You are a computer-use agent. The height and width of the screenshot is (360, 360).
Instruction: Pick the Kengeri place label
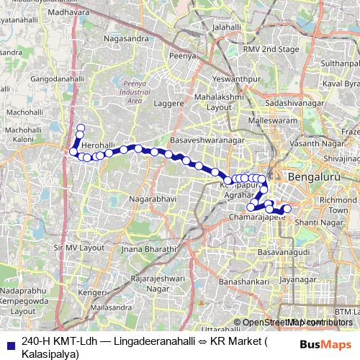click(x=92, y=293)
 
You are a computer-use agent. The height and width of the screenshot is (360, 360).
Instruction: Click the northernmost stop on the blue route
click(x=81, y=128)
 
